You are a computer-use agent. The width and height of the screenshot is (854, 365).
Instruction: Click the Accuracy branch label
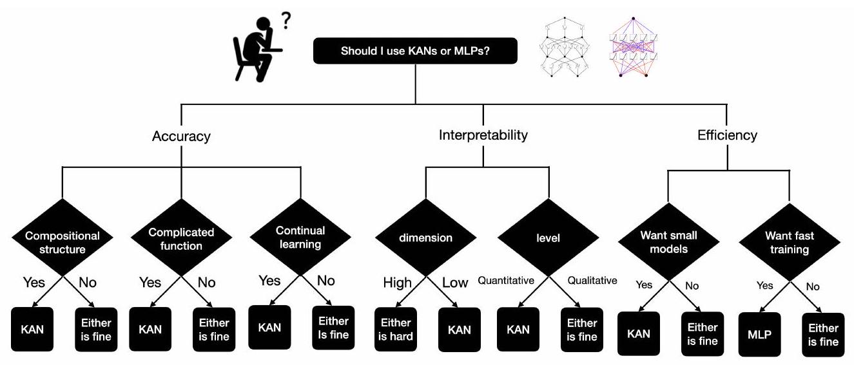[x=181, y=136]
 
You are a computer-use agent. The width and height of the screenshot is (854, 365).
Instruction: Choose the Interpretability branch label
[x=483, y=136]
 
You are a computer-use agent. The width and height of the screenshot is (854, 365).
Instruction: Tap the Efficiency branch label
[x=727, y=136]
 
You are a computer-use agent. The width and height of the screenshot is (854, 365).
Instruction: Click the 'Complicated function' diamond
[x=181, y=238]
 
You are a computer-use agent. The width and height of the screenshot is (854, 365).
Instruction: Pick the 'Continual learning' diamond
[x=300, y=236]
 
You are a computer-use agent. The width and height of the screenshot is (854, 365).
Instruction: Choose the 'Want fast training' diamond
[x=789, y=242]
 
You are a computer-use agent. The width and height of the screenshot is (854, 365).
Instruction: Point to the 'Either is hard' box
[x=396, y=330]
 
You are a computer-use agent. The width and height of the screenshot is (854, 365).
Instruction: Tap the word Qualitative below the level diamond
[x=592, y=281]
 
